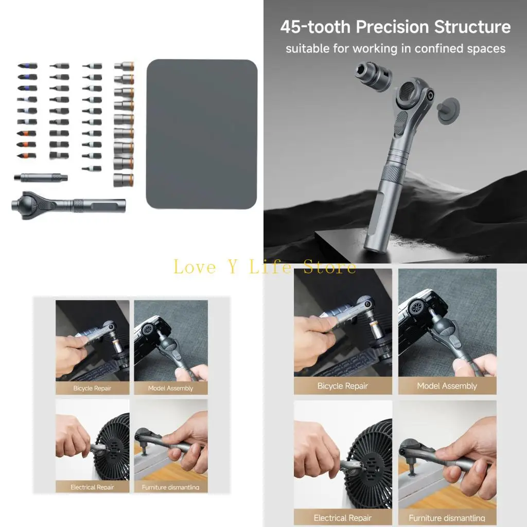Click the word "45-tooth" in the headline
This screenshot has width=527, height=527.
tap(315, 27)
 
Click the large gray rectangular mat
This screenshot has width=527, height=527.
tap(202, 134)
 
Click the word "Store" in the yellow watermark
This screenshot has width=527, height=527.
tap(329, 267)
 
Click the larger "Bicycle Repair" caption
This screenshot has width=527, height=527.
tap(343, 386)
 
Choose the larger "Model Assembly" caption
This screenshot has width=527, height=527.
tap(447, 386)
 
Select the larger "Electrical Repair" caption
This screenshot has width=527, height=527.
tap(343, 517)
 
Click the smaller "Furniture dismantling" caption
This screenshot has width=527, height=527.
tap(170, 487)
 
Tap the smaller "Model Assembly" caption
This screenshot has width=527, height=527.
tap(170, 388)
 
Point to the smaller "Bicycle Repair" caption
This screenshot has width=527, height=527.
tap(92, 388)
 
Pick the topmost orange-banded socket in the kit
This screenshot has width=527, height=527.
tap(124, 66)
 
